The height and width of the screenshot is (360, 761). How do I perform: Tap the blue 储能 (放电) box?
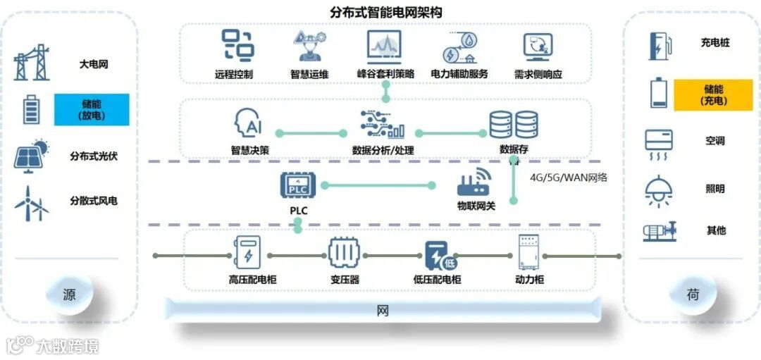[x=92, y=109]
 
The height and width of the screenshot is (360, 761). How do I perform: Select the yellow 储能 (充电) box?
[x=713, y=95]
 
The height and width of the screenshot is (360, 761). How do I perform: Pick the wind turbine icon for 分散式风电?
[x=32, y=203]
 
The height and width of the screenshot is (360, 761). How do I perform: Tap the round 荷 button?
[x=692, y=294]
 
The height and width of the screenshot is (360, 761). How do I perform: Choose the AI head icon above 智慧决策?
[x=249, y=125]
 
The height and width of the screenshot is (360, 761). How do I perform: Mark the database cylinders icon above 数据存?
[x=514, y=125]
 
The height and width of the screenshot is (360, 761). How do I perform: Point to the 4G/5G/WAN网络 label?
[x=569, y=178]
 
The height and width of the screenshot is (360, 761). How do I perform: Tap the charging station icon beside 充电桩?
[x=660, y=44]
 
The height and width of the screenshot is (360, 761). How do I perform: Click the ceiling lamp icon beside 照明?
[x=660, y=190]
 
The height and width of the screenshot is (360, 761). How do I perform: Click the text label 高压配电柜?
[x=252, y=280]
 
